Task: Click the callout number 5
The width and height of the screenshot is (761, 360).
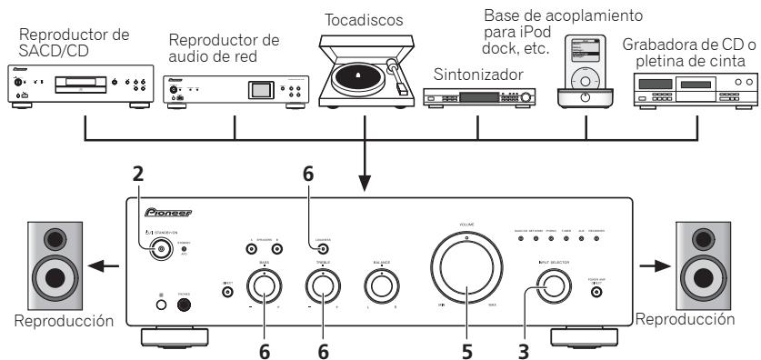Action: point(467,347)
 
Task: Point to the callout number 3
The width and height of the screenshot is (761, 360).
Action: point(524,347)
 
